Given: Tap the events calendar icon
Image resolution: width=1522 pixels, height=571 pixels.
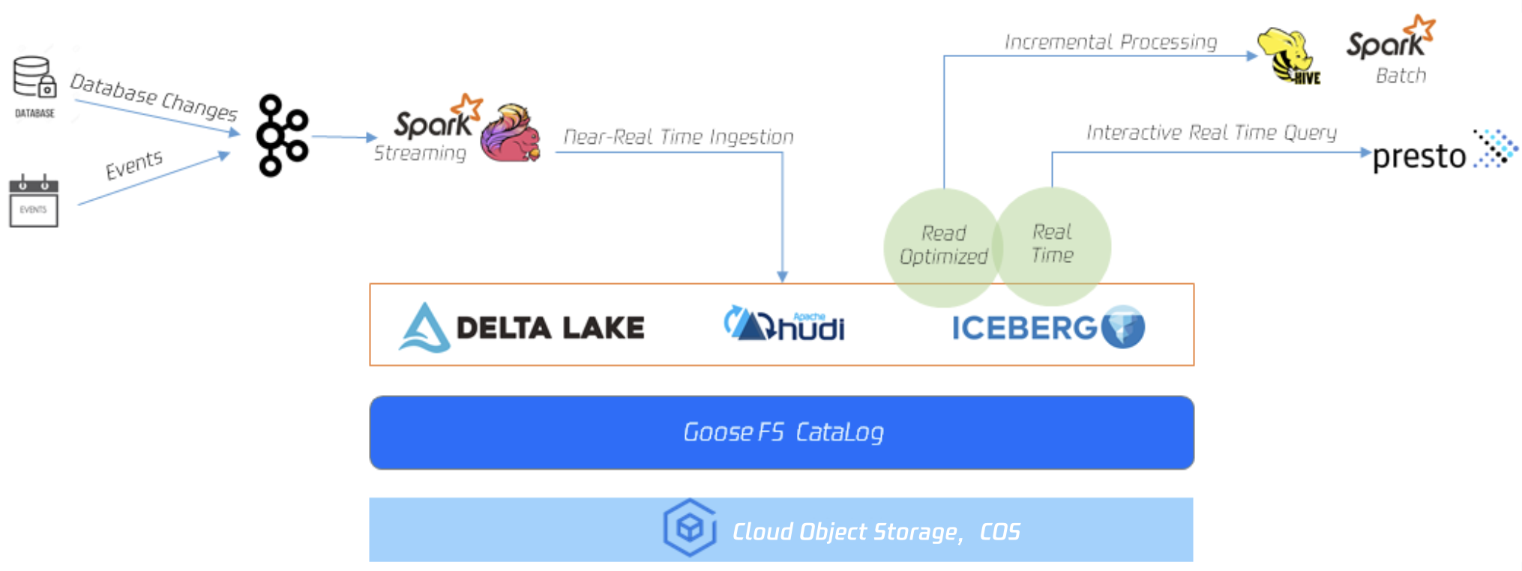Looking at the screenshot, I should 33,201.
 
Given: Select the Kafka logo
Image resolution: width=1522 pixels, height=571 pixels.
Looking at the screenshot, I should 281,136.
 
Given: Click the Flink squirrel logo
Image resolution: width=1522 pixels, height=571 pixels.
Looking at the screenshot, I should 511,133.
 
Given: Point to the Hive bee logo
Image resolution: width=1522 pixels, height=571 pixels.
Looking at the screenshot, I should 1287,56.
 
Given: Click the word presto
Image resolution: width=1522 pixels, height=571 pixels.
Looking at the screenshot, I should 1419,157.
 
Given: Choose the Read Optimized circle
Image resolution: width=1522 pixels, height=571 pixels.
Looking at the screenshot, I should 943,246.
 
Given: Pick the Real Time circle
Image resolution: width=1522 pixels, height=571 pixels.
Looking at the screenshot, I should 1053,244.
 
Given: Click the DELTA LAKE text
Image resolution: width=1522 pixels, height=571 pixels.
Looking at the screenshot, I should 550,328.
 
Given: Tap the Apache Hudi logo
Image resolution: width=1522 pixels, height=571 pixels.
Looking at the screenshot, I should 784,324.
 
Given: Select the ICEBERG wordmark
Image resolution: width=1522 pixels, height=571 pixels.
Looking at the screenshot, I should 1024,328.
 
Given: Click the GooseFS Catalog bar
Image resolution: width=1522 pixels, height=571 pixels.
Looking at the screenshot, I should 781,432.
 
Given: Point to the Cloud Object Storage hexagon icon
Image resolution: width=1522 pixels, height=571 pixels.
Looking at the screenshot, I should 689,528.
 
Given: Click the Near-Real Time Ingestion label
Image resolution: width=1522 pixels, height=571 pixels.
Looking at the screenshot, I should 678,137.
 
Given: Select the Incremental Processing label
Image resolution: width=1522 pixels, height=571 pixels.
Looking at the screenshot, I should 1110,42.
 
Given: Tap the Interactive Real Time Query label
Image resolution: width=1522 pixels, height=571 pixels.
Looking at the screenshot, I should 1211,133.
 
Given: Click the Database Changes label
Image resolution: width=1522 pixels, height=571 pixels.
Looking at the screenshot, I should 154,97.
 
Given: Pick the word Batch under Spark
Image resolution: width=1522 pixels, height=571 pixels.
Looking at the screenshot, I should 1401,76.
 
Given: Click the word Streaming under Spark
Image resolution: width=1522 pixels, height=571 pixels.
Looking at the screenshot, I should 420,154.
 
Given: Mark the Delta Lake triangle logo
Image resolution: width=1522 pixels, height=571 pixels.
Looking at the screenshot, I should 424,328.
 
